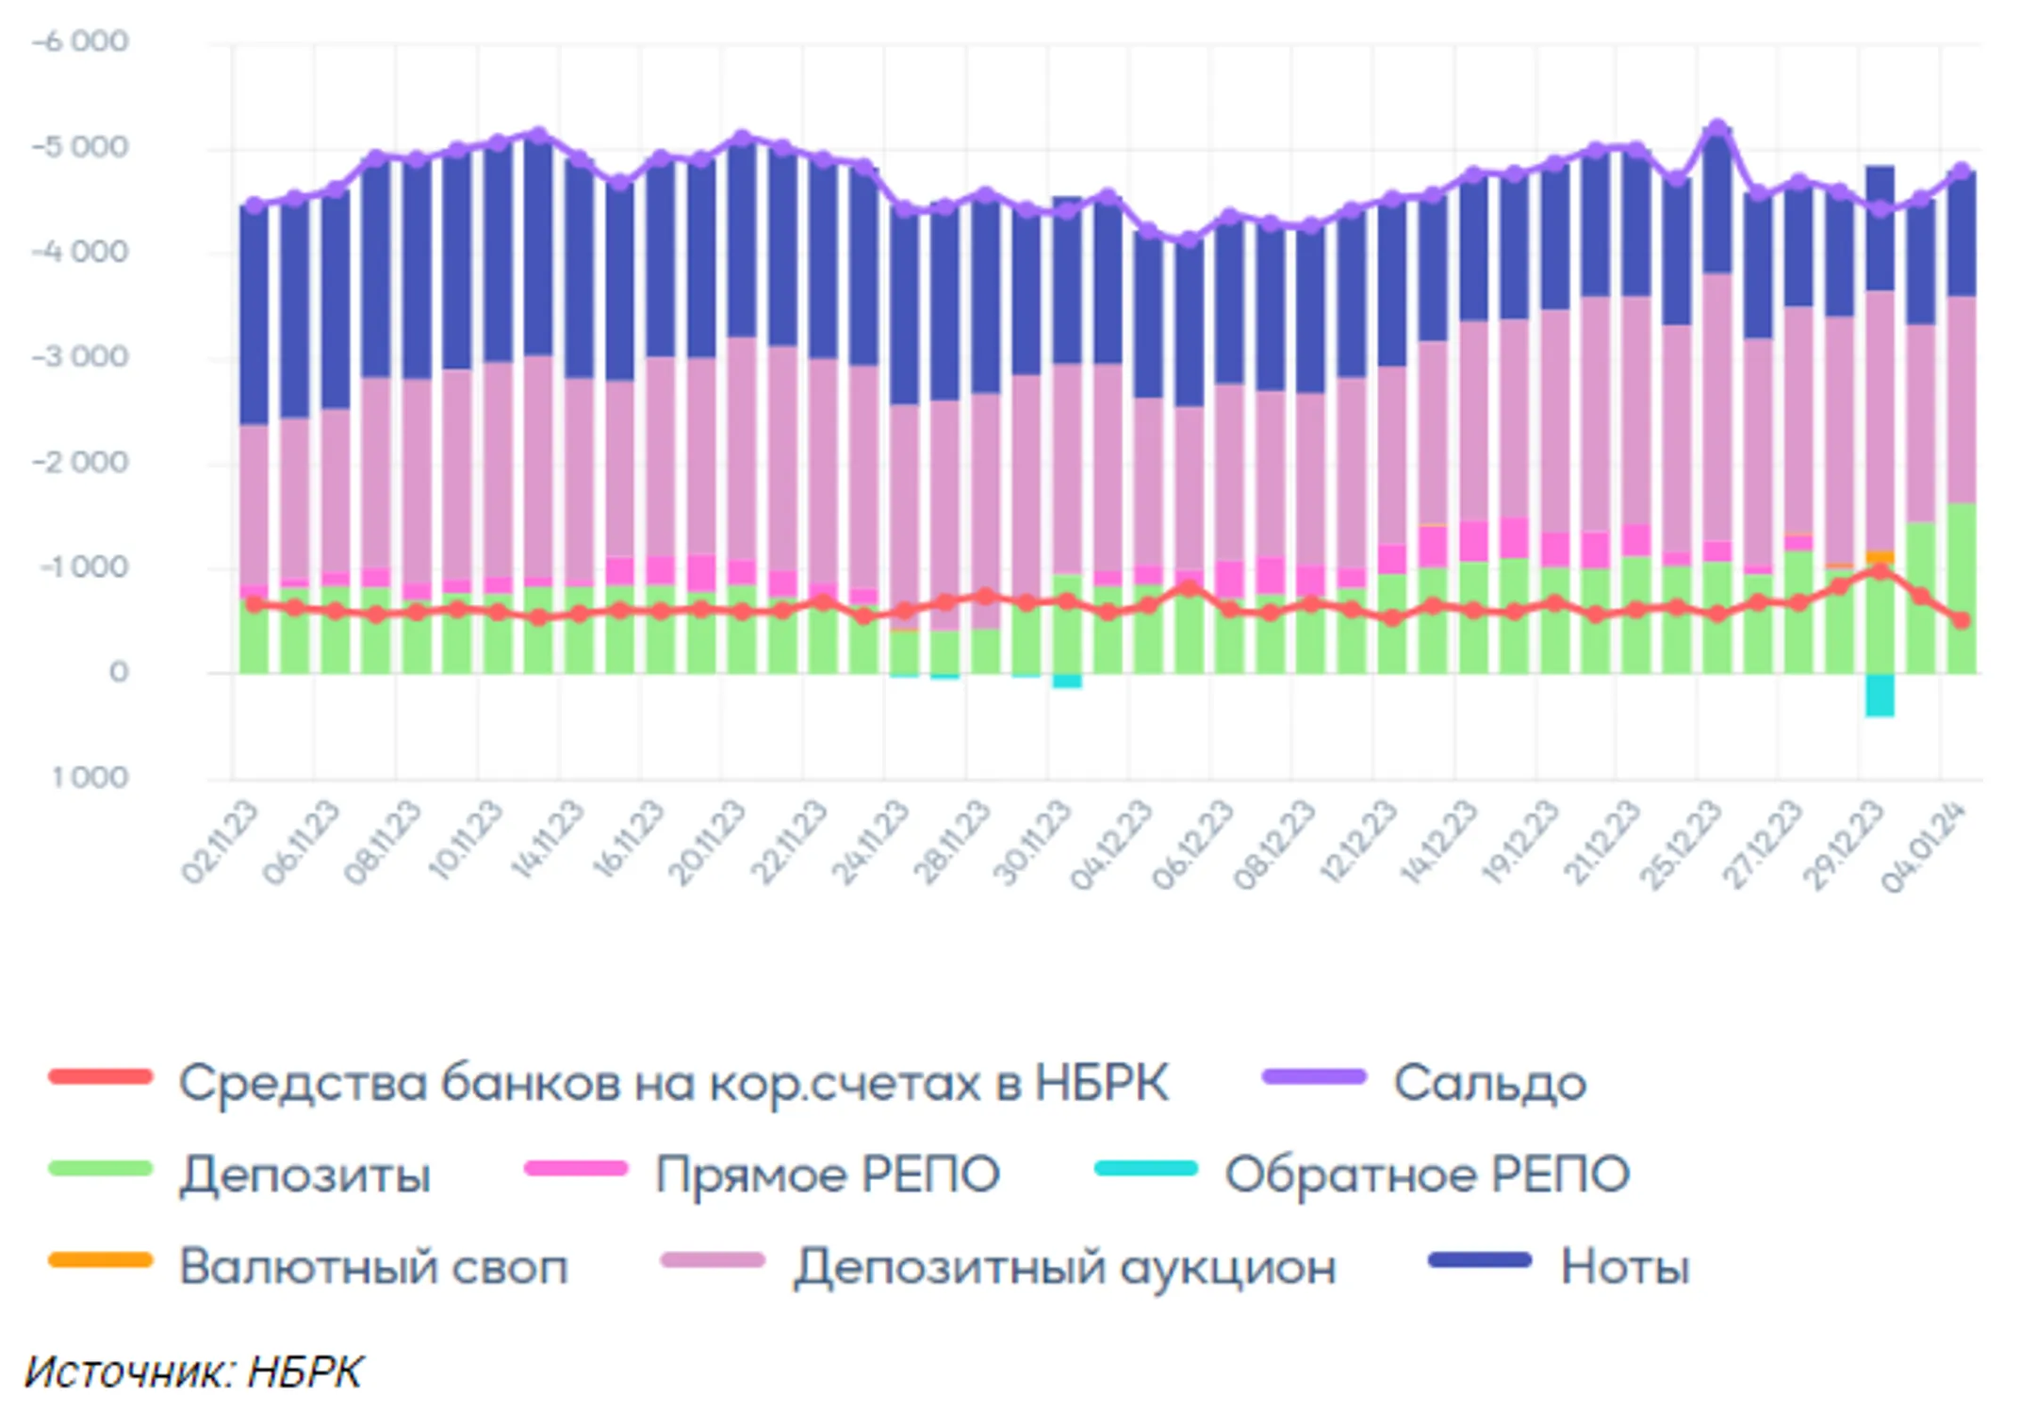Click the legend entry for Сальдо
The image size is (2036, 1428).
tap(1488, 1082)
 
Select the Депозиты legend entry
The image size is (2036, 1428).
tap(304, 1174)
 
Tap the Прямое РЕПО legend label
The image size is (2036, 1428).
tap(827, 1174)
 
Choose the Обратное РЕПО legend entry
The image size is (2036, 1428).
tap(1426, 1174)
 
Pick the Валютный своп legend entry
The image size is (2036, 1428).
tap(373, 1266)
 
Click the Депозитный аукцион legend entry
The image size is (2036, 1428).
tap(1064, 1266)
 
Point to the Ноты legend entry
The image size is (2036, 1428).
tap(1624, 1266)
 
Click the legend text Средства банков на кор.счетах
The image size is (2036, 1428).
tap(673, 1082)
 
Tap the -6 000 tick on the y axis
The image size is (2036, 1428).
tap(80, 41)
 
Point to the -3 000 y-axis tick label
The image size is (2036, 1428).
tap(80, 357)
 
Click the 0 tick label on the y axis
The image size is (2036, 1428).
tap(119, 672)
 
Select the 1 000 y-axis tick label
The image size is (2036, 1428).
tap(90, 778)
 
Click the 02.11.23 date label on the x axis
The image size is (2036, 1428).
tap(219, 842)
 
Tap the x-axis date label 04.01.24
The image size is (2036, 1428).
tap(1923, 845)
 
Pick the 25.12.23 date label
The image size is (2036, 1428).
tap(1680, 844)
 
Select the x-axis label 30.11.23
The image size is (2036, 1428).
tap(1032, 842)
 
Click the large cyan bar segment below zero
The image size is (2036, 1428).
tap(1880, 696)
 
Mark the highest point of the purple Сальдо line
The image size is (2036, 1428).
tap(1717, 127)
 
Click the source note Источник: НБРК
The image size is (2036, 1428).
tap(193, 1372)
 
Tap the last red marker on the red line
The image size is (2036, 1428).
tap(1962, 619)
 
